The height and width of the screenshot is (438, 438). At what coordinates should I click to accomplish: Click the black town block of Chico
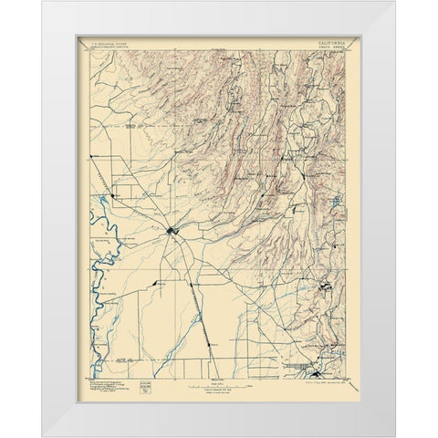click(x=172, y=232)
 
